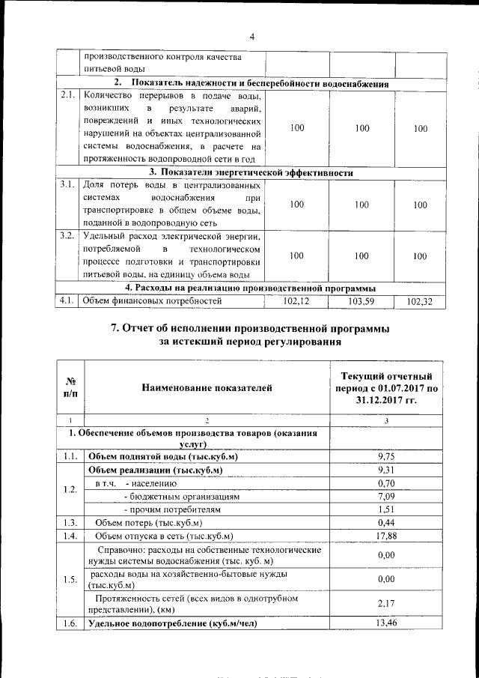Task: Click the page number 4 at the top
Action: coord(252,37)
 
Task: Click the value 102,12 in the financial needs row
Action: coord(297,301)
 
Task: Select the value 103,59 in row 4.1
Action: coord(362,301)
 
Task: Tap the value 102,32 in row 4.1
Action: coord(420,302)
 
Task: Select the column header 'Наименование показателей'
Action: coord(204,387)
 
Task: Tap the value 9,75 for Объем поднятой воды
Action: coord(386,456)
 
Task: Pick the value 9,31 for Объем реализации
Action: coord(386,470)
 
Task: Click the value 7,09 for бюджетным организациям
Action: coord(386,496)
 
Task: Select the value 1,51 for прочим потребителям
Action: coord(386,509)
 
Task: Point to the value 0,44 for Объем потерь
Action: coord(386,522)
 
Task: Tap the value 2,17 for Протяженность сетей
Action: coord(386,604)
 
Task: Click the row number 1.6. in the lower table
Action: coord(70,623)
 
